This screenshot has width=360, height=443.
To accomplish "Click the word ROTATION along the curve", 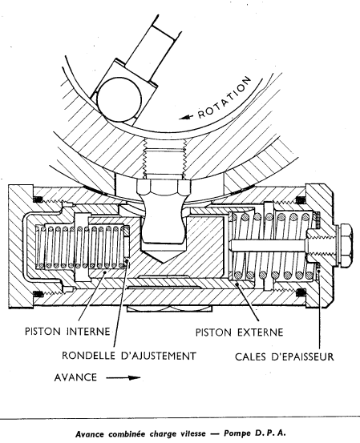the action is click(224, 98).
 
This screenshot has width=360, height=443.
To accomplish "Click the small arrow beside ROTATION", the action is click(186, 117).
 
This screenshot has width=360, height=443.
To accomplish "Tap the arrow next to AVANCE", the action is click(123, 377).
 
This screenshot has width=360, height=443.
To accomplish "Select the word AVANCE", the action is click(75, 377).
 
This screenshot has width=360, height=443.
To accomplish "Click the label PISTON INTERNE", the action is click(67, 331).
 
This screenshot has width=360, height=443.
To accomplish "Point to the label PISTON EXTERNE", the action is click(239, 332).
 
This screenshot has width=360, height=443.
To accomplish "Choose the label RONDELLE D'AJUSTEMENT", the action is click(129, 356).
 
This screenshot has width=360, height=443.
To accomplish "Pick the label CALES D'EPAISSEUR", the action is click(285, 356).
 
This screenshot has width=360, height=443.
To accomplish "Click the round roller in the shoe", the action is click(119, 99).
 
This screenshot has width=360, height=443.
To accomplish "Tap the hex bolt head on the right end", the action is click(344, 245).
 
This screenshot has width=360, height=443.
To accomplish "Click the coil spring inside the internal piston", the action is click(81, 247).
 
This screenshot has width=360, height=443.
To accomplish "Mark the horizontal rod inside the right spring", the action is click(269, 245).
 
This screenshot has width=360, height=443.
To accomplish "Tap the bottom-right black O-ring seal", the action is click(301, 293).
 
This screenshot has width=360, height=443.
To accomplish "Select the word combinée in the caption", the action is click(127, 433).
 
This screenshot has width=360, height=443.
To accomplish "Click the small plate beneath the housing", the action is click(169, 308).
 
